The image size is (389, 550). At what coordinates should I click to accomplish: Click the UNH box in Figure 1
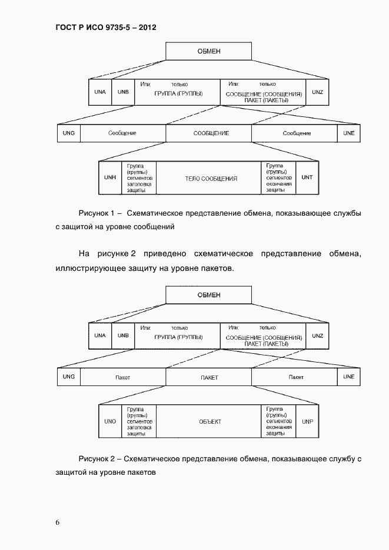(109, 177)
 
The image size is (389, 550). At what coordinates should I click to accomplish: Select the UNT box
(307, 177)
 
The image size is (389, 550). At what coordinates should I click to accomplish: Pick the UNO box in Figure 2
(109, 421)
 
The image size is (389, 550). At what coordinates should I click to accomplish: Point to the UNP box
(307, 421)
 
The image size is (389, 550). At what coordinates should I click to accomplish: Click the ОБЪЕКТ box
(210, 421)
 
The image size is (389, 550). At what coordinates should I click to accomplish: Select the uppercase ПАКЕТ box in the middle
(209, 377)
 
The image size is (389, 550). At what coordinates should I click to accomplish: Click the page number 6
(58, 522)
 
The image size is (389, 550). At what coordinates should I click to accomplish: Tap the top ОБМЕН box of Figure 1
(208, 51)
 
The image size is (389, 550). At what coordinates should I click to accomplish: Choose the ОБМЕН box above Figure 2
(208, 295)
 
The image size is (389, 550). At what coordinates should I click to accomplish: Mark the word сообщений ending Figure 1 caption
(156, 226)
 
